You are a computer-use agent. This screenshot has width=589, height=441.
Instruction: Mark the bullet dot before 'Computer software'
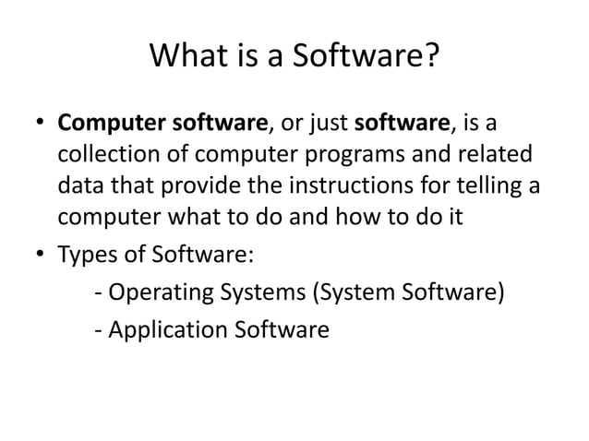coord(40,124)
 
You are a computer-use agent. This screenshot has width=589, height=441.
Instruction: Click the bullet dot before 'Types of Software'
coord(40,254)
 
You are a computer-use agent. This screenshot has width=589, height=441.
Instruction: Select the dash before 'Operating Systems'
coord(99,296)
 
